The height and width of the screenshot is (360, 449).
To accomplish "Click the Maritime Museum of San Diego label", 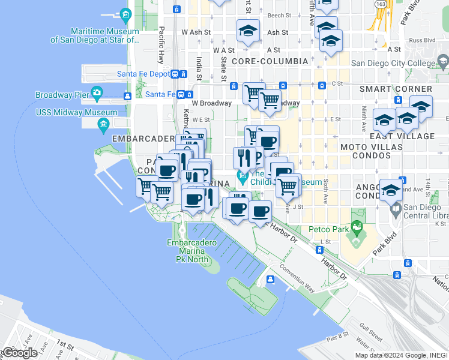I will click(95, 36).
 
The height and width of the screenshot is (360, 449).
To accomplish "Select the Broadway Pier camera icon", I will click(97, 93).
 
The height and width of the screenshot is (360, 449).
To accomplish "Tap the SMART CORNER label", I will click(387, 89).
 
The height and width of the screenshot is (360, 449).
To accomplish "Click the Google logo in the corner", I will click(20, 352).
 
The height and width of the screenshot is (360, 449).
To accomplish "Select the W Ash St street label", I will click(196, 32).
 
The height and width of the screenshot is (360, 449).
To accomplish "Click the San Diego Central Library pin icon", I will click(396, 210).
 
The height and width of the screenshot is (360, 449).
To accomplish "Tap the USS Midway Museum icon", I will click(103, 124).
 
